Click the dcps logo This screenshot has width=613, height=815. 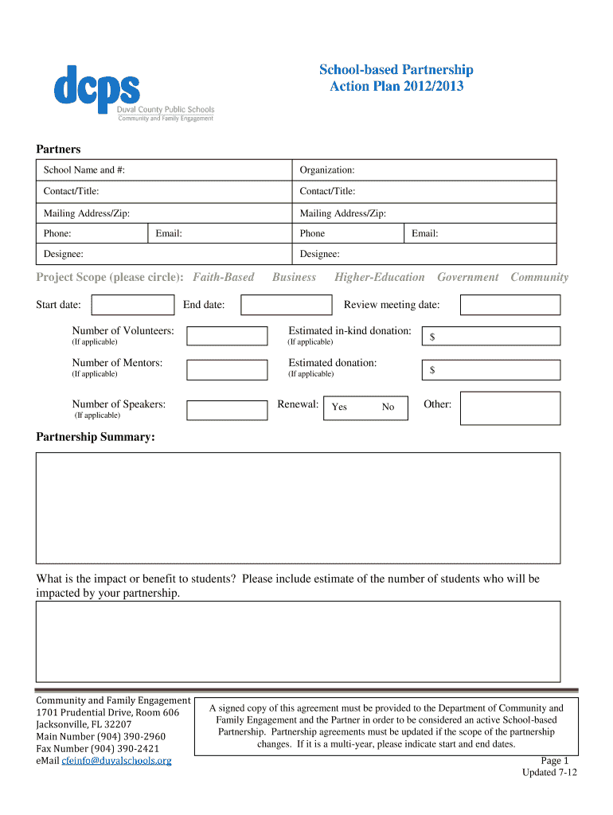tap(97, 86)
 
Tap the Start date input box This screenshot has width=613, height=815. tap(132, 305)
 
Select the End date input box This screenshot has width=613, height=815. tap(286, 305)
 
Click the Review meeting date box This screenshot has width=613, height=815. tap(510, 305)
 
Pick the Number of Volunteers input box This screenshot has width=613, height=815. tap(227, 336)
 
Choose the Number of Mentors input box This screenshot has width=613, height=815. tap(227, 369)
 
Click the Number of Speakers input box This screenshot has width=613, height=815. tap(227, 410)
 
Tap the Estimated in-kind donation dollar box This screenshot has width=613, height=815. tap(490, 337)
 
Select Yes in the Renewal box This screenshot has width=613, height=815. tap(339, 407)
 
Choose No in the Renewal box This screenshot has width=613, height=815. tap(388, 407)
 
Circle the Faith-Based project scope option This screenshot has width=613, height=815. tap(224, 277)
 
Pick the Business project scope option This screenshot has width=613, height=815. tap(294, 277)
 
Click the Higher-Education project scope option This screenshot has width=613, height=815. tap(379, 277)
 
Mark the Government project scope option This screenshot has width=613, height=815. tap(467, 277)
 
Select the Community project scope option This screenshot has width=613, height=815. tap(539, 277)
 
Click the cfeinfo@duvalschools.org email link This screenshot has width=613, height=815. tap(116, 761)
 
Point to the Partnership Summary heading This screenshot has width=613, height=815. tap(96, 437)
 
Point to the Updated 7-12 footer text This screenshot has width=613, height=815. tap(549, 773)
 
